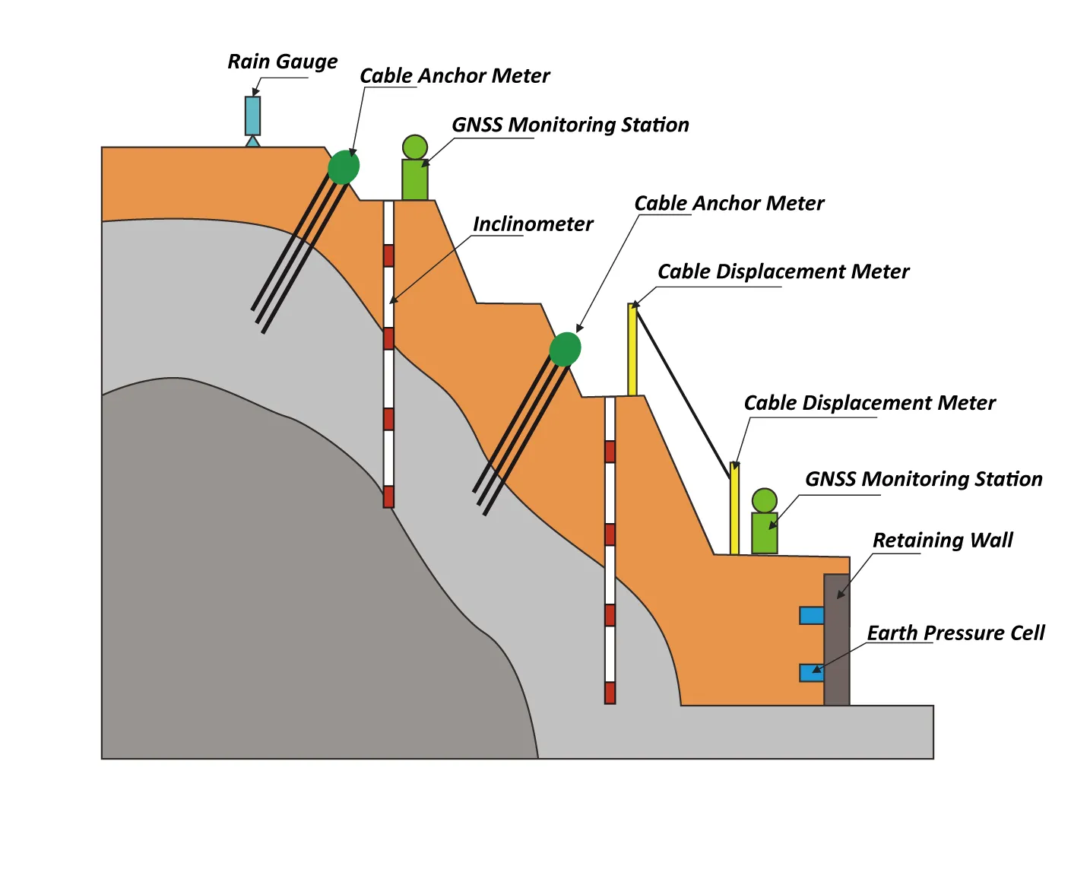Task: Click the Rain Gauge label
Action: pos(282,62)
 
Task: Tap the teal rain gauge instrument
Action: pos(252,116)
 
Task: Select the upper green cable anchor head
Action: pos(344,167)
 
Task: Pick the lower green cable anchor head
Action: pos(565,349)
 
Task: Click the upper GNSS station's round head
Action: pos(414,147)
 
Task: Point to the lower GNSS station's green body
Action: pos(764,533)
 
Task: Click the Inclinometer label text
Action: pos(532,224)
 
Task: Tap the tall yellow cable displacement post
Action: pos(632,350)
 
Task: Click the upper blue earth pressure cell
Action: pos(812,615)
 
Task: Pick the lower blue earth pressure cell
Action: pos(812,672)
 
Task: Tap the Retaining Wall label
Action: pos(942,541)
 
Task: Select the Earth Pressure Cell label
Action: pos(955,633)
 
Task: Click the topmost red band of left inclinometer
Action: pos(388,255)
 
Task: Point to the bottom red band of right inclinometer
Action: pos(610,693)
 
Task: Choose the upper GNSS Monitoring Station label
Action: pos(570,125)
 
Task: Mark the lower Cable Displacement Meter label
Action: pos(869,403)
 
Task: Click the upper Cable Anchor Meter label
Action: pos(454,76)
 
